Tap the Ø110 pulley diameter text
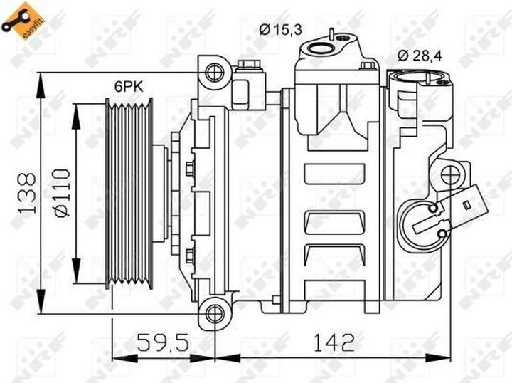[61, 192]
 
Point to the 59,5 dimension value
[163, 342]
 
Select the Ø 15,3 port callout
[281, 28]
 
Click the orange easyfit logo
[19, 19]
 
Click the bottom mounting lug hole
[214, 313]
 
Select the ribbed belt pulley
[129, 194]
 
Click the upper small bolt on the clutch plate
[190, 169]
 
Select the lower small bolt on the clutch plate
[190, 255]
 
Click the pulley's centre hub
[160, 194]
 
